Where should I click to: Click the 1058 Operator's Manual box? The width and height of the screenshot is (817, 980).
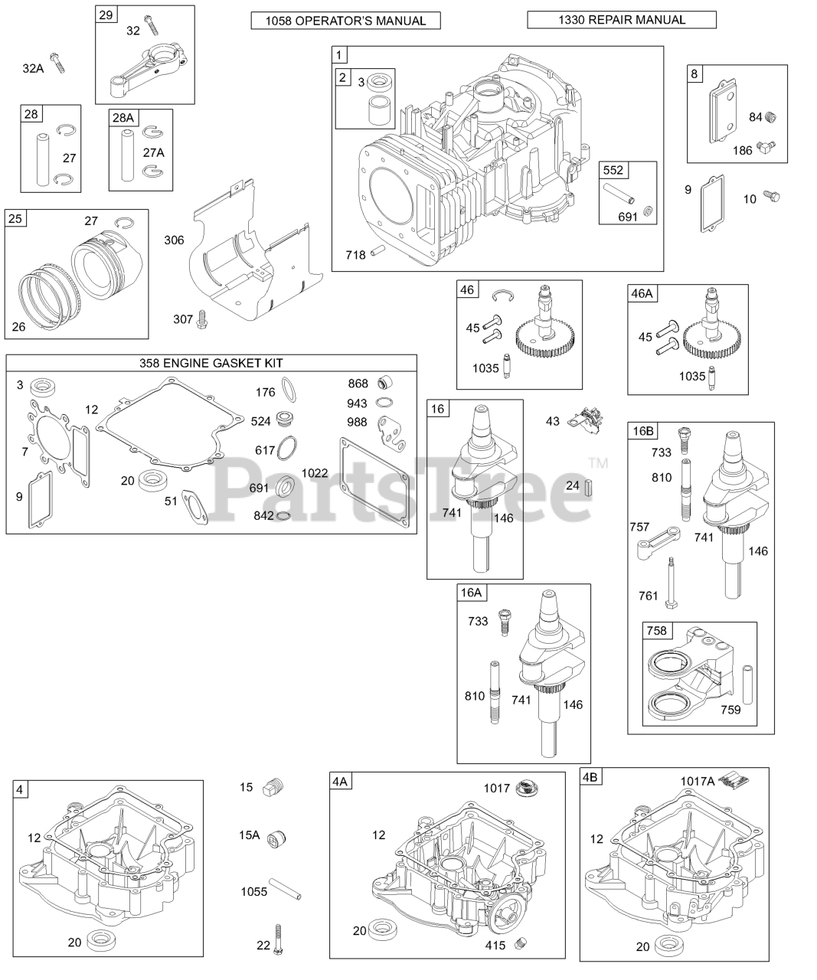(345, 21)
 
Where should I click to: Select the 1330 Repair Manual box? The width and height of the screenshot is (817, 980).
(621, 20)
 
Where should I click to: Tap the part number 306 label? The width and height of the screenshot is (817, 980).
(174, 240)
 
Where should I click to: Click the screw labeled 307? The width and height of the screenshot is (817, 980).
(202, 319)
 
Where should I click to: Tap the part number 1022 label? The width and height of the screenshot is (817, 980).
(315, 472)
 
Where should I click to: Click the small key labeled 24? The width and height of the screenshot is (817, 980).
(588, 486)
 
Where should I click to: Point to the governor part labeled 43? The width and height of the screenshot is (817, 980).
(587, 420)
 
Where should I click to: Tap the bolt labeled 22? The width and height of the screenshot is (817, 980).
(281, 944)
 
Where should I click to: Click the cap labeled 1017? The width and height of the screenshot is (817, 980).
(525, 787)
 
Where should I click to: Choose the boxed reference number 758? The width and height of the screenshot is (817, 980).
(657, 631)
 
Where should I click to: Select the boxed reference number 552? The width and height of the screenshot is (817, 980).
(613, 171)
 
